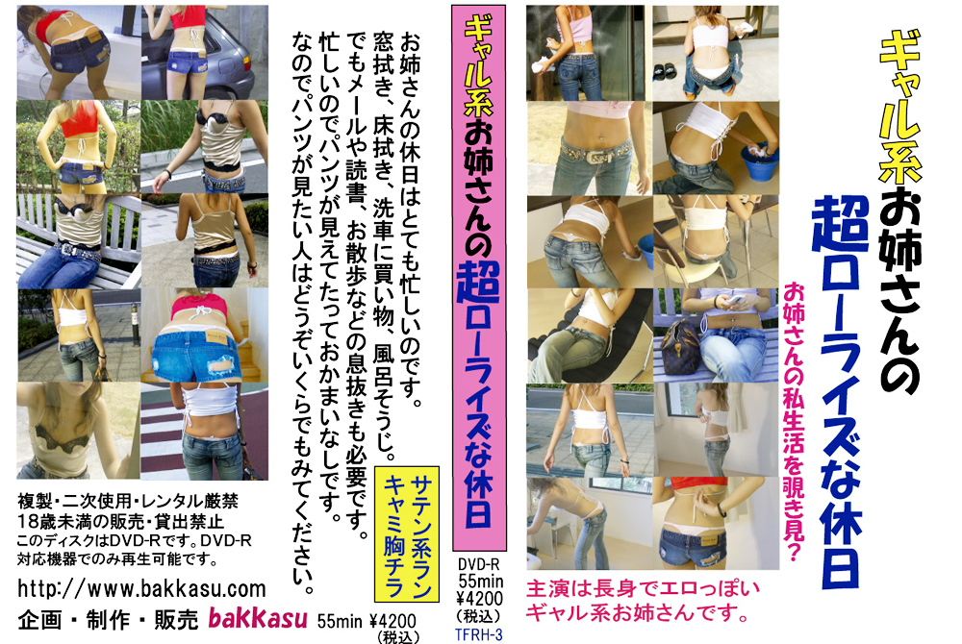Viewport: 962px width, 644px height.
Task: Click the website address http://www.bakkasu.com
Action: pos(141,588)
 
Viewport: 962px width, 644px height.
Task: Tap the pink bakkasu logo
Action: pos(258,619)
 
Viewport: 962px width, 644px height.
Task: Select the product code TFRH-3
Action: pos(478,634)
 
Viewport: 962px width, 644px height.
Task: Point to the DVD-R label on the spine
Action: pos(478,563)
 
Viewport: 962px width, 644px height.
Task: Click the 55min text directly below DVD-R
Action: pos(480,581)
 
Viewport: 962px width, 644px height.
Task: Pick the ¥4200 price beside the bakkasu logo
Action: pos(392,621)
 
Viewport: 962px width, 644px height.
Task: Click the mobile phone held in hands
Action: pos(736,300)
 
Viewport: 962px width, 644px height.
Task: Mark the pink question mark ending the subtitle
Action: pos(794,552)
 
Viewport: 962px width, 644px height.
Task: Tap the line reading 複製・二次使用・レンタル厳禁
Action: pos(128,502)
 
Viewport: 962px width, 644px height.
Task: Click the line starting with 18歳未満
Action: pos(120,522)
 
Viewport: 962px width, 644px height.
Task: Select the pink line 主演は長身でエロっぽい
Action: pos(643,589)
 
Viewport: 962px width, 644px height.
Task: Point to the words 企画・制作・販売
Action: pos(108,620)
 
